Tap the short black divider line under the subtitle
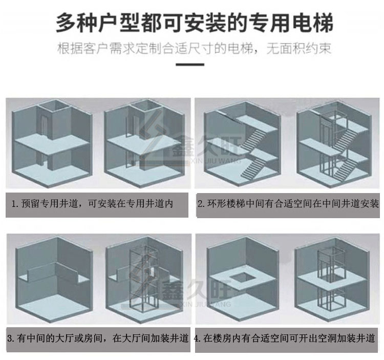[190, 65]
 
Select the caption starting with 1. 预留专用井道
[92, 203]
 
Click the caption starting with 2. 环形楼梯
[288, 203]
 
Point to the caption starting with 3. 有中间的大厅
[98, 338]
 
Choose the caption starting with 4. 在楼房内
[284, 338]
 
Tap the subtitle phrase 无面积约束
[299, 49]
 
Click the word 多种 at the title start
[77, 23]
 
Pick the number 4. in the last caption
[198, 338]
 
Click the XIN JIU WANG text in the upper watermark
[216, 161]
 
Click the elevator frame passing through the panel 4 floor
[329, 279]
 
